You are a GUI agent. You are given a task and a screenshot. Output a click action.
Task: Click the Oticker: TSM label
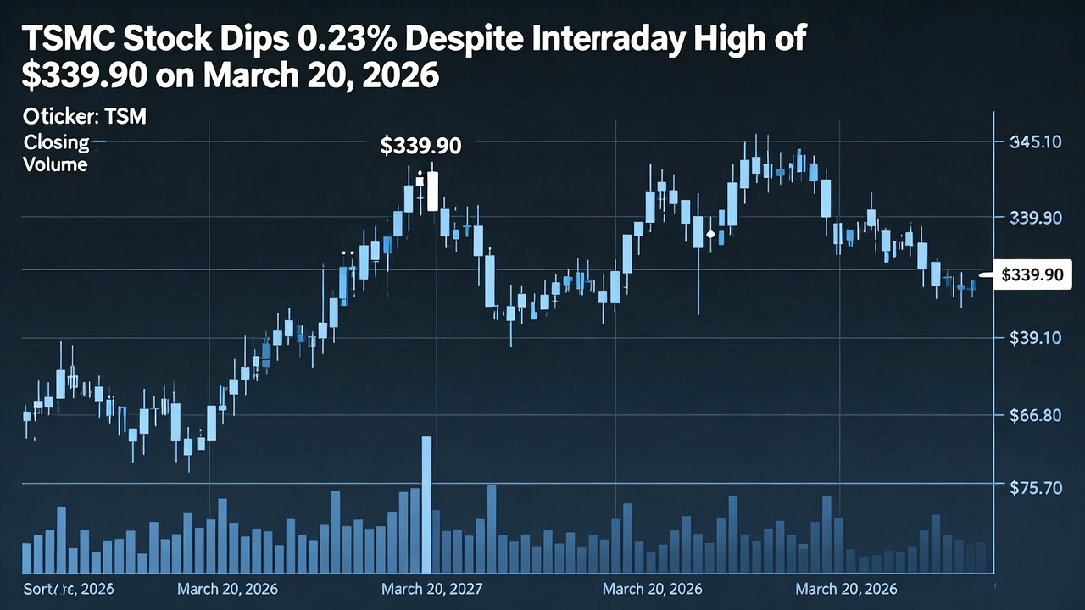click(x=85, y=117)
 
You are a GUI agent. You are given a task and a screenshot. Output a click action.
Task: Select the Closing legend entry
click(x=56, y=141)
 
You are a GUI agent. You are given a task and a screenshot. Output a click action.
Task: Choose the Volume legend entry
click(x=56, y=164)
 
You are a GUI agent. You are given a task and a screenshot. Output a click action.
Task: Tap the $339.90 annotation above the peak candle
click(x=420, y=146)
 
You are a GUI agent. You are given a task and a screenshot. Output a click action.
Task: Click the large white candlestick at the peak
click(x=433, y=191)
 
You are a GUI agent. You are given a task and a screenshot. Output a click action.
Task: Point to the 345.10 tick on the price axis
click(x=1036, y=141)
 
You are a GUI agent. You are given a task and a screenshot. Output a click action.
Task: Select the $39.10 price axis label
click(x=1036, y=338)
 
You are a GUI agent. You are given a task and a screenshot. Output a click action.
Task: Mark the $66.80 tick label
click(x=1036, y=415)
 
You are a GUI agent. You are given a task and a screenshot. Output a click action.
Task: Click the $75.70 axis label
click(x=1036, y=488)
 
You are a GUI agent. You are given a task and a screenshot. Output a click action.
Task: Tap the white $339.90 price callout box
click(x=1031, y=274)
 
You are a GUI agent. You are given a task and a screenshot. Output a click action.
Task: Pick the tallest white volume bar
click(x=426, y=505)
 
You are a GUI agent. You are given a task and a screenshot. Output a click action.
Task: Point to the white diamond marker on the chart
click(x=710, y=233)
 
